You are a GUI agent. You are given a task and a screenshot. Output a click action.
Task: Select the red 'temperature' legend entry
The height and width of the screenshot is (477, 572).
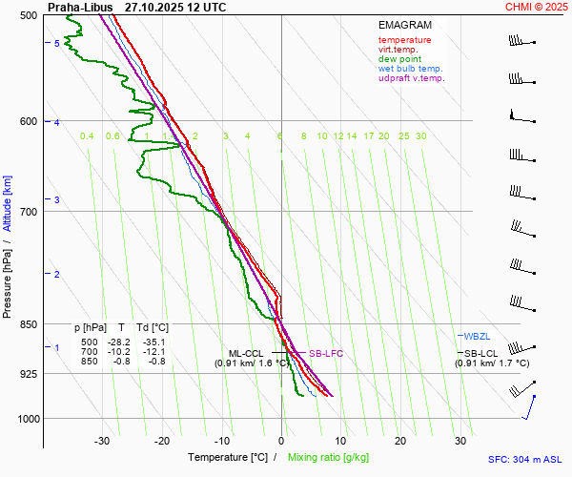[x=404, y=40]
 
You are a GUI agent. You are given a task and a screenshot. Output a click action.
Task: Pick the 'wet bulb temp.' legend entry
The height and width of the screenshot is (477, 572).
[x=410, y=69]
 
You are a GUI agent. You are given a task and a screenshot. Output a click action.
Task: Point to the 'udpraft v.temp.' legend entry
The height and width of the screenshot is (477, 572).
[x=411, y=78]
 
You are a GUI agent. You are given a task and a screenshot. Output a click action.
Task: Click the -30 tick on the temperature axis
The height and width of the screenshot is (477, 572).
[x=102, y=441]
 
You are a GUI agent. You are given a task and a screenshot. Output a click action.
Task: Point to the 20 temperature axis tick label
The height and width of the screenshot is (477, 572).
[x=400, y=441]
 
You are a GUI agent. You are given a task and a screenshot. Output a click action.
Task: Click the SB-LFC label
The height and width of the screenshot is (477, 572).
[x=325, y=353]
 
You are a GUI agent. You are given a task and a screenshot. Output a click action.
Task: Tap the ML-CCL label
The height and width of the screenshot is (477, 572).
[x=246, y=353]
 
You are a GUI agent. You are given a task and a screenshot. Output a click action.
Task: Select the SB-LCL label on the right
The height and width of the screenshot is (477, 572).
[x=476, y=353]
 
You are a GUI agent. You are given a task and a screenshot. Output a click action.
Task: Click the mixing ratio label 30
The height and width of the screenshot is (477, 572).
[x=420, y=136]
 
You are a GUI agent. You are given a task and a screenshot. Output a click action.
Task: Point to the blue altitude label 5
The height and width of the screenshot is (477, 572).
[x=57, y=44]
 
